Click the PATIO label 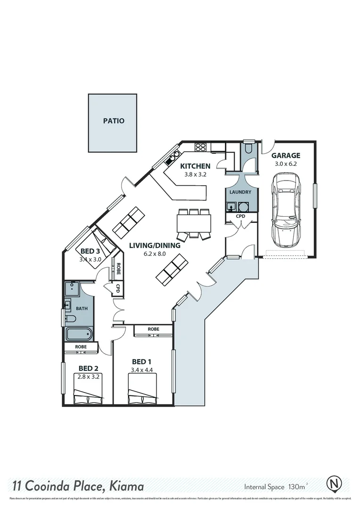(x=114, y=121)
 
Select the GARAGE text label (x=286, y=156)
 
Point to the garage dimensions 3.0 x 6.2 (x=286, y=164)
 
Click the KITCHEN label (x=195, y=166)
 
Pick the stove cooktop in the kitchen (x=200, y=147)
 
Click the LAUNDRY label (x=240, y=192)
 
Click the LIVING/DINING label (x=155, y=246)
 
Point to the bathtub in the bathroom (x=79, y=335)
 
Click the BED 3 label (x=90, y=251)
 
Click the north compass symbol (x=334, y=484)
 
